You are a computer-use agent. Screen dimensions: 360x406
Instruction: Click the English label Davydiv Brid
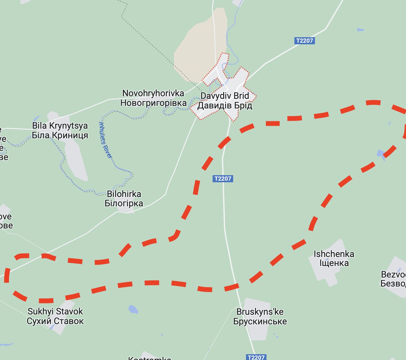(224, 96)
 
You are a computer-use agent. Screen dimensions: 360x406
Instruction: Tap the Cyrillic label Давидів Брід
(224, 106)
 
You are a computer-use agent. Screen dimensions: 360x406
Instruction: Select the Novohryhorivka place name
(153, 93)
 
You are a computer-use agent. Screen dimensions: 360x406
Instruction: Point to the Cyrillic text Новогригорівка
(153, 103)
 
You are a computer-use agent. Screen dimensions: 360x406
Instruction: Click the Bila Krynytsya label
(60, 125)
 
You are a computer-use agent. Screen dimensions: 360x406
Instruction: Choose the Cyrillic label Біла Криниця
(60, 135)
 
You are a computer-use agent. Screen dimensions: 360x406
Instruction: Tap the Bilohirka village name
(124, 194)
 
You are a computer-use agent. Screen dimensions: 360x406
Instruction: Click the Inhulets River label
(106, 140)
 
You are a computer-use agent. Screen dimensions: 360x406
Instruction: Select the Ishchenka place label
(334, 254)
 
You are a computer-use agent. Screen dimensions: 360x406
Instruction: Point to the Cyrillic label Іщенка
(334, 263)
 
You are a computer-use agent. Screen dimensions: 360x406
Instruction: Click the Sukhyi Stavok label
(55, 311)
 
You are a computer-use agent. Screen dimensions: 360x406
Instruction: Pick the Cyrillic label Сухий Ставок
(55, 321)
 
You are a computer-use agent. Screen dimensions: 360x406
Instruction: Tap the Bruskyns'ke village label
(260, 312)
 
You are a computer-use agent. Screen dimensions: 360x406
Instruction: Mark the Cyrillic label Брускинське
(260, 321)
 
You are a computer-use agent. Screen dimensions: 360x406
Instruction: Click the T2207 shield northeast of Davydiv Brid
(304, 41)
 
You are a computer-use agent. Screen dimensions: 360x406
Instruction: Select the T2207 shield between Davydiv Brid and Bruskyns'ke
(223, 179)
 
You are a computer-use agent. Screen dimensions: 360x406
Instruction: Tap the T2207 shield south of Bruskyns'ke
(256, 357)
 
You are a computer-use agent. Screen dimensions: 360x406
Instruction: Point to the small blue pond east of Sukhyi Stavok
(133, 309)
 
